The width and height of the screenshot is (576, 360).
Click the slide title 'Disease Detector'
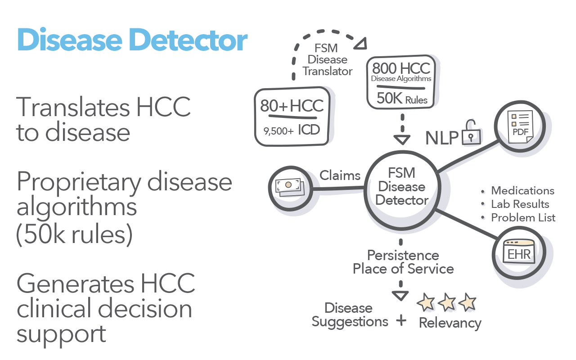click(x=132, y=40)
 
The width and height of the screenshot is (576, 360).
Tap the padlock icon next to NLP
click(x=471, y=134)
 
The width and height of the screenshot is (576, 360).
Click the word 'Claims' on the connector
click(x=340, y=175)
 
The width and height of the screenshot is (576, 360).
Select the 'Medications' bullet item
click(x=522, y=191)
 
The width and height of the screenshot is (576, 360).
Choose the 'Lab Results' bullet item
click(x=520, y=204)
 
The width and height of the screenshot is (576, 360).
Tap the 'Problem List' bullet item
click(x=523, y=218)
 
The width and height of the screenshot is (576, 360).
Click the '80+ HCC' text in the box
click(x=292, y=106)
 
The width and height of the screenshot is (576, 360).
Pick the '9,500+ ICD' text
click(x=292, y=130)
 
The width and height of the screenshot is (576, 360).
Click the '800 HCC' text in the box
click(x=400, y=68)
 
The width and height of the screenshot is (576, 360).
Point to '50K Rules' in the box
click(x=402, y=99)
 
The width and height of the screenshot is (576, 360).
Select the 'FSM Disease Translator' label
click(x=327, y=59)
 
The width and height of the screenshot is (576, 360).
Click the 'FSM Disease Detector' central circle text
click(x=401, y=186)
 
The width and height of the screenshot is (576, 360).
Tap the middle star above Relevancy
click(x=447, y=302)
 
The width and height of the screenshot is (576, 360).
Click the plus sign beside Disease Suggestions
click(x=401, y=321)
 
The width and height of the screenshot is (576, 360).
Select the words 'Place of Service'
click(x=403, y=269)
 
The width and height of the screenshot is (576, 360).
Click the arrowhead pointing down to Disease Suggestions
click(x=400, y=295)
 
